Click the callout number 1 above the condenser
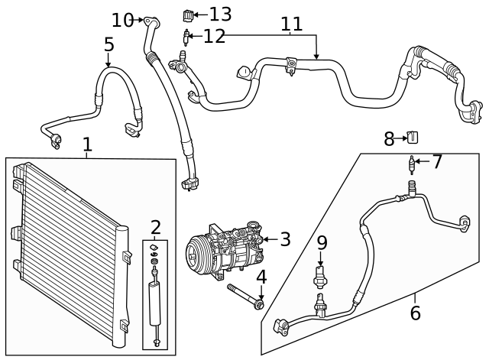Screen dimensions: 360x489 click(87, 144)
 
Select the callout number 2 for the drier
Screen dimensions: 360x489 click(155, 227)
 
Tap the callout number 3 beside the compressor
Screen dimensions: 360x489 click(285, 239)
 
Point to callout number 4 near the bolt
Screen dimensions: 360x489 click(261, 277)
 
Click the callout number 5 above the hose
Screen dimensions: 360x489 click(109, 45)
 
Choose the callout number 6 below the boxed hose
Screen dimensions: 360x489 click(415, 313)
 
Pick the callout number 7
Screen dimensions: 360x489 click(437, 162)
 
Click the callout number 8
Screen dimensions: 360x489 click(389, 139)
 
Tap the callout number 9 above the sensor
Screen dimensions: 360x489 click(322, 243)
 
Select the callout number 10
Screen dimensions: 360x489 click(121, 20)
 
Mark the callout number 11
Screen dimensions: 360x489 click(291, 24)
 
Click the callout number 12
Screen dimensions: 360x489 click(214, 36)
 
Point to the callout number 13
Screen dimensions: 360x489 click(220, 14)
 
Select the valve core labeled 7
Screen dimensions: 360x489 click(413, 164)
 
